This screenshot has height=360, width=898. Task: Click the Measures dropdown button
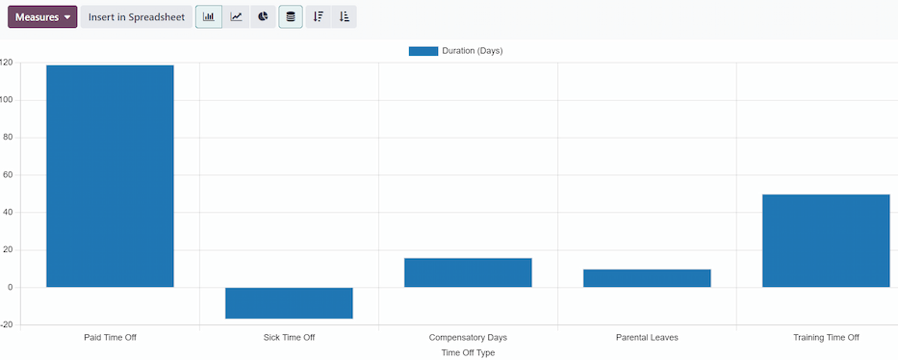tap(42, 17)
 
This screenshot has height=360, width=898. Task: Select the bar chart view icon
tap(209, 17)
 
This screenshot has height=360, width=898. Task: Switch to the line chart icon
tap(237, 17)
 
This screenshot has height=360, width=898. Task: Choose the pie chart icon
tap(263, 17)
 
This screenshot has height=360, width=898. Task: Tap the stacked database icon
tap(291, 17)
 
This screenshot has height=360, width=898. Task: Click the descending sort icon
tap(319, 17)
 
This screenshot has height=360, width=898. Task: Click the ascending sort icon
tap(345, 17)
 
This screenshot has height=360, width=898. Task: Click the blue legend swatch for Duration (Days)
tap(423, 51)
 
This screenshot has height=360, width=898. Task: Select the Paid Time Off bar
tap(110, 176)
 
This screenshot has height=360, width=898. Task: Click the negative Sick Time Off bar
tap(289, 303)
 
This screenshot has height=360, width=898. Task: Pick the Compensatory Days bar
tap(468, 272)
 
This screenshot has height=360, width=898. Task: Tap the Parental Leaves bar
tap(647, 278)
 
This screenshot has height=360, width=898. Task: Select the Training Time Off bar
tap(826, 241)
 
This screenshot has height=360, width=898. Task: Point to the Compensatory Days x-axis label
tap(468, 338)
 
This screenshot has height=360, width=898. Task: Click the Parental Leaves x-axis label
tap(647, 338)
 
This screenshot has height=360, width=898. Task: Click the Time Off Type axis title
tap(468, 353)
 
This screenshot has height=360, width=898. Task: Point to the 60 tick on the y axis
tap(7, 175)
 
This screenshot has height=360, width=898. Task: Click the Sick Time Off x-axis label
tap(289, 338)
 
